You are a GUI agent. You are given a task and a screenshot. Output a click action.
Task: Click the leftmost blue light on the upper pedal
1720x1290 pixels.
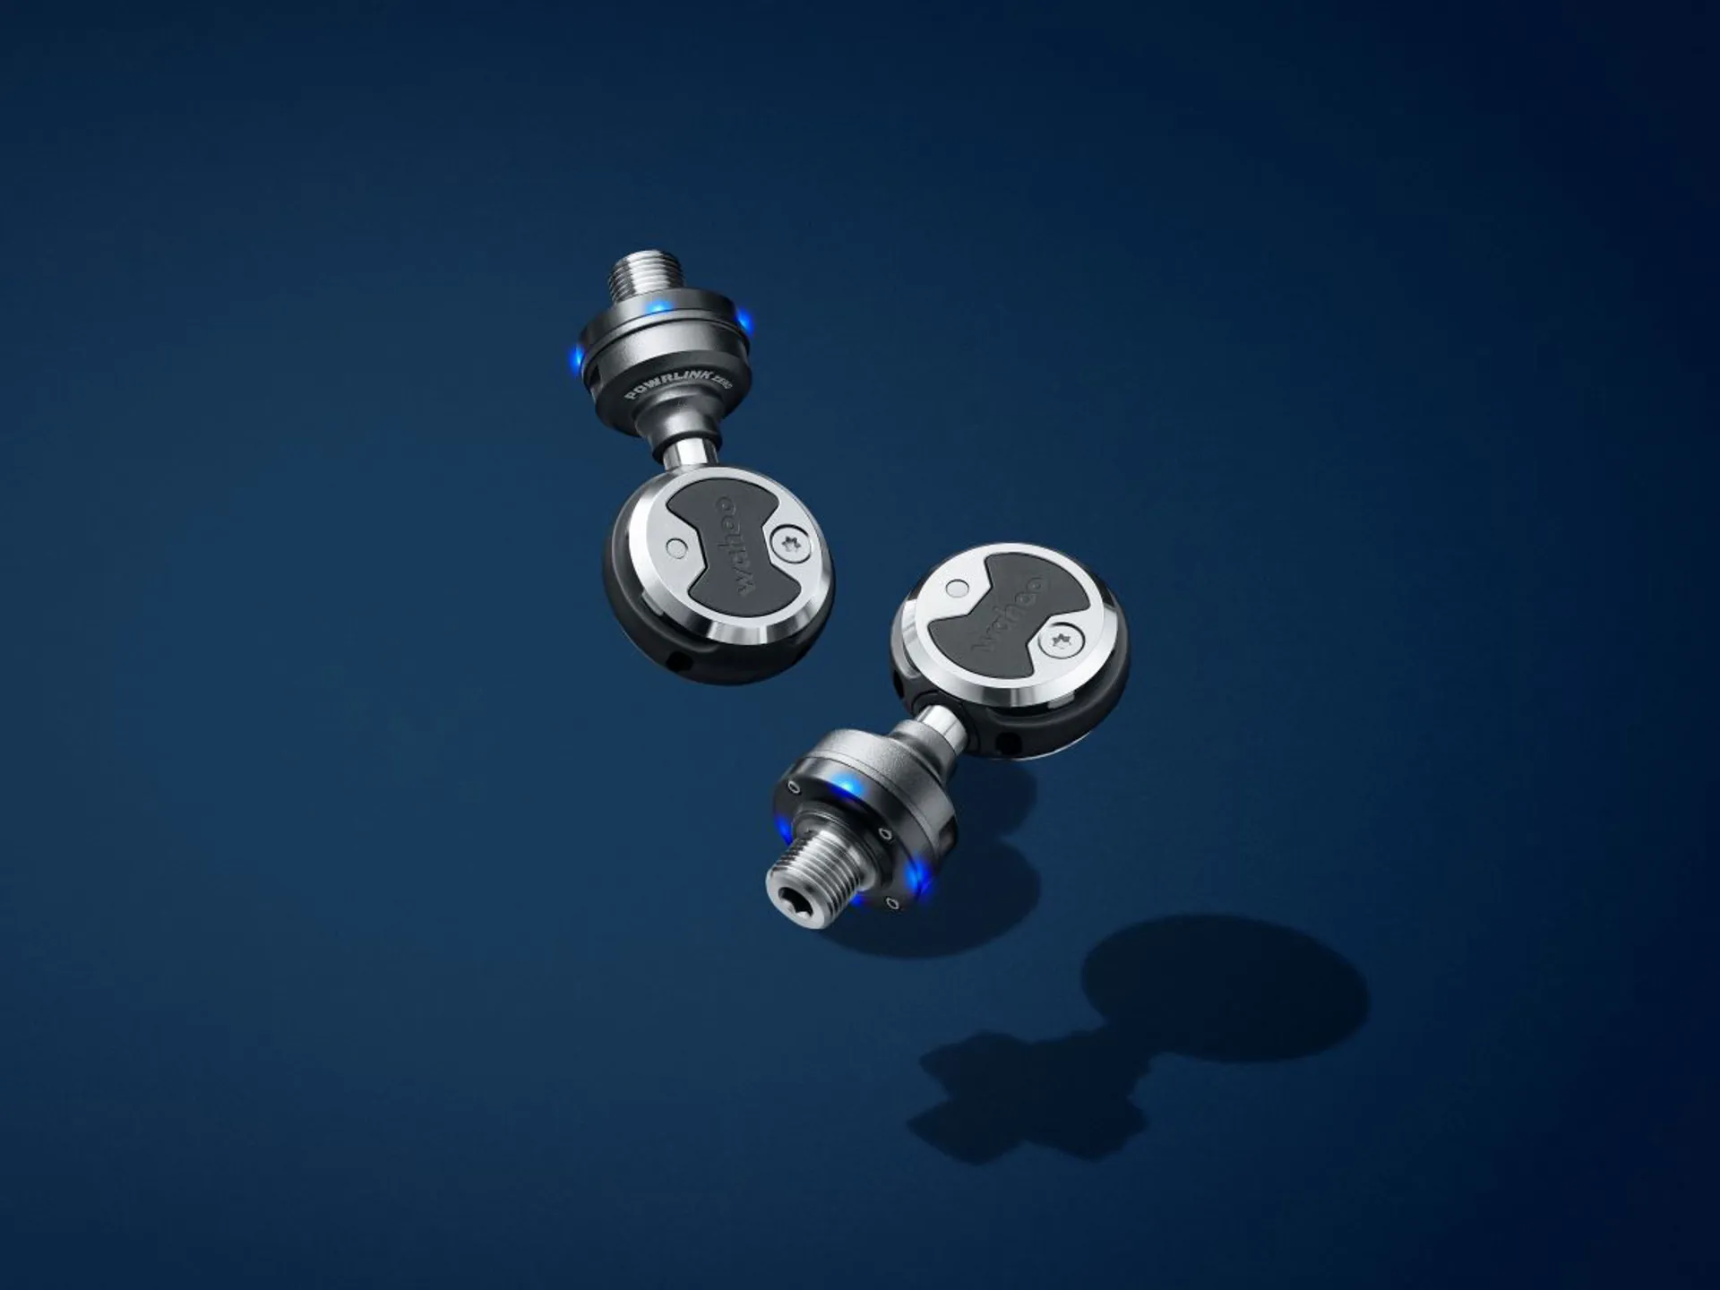576,359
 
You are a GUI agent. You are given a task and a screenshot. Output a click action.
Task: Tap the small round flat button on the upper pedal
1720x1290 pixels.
678,546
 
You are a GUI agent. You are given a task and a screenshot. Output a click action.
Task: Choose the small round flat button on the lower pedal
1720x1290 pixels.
958,588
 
